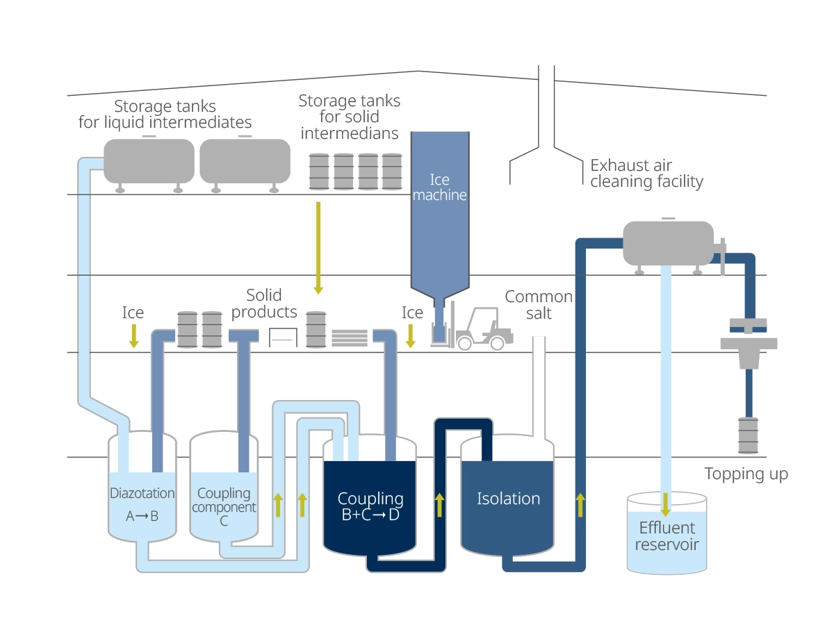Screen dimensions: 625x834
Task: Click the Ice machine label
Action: pos(439,187)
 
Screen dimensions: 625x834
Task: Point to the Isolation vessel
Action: pos(508,507)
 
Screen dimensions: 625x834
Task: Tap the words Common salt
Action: pos(539,305)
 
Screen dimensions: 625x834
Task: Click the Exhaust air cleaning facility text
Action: pos(646,174)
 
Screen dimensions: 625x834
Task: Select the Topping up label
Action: pos(746,474)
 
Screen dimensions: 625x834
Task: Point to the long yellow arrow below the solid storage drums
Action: pos(318,247)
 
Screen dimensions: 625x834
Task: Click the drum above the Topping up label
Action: pos(748,435)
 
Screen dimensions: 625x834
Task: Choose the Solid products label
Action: pos(264,303)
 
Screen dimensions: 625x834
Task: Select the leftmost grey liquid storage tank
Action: pos(149,161)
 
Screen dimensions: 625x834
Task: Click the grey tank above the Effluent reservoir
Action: pos(668,243)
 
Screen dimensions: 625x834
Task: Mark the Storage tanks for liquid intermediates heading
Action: pos(165,115)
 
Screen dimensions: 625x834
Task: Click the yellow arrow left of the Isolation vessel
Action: pos(439,506)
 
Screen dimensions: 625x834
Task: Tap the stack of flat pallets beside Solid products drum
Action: pos(350,337)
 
